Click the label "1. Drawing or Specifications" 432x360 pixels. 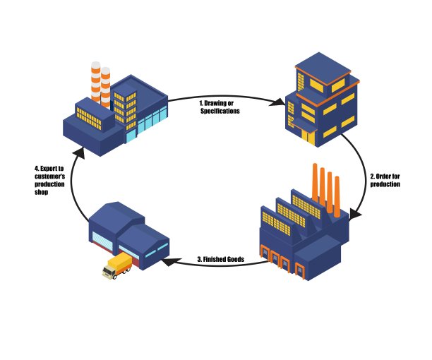[x=220, y=107]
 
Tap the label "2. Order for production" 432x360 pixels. [x=385, y=179]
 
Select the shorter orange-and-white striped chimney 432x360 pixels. [x=106, y=85]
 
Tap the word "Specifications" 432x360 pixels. [x=220, y=112]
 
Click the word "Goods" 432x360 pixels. [x=235, y=260]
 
